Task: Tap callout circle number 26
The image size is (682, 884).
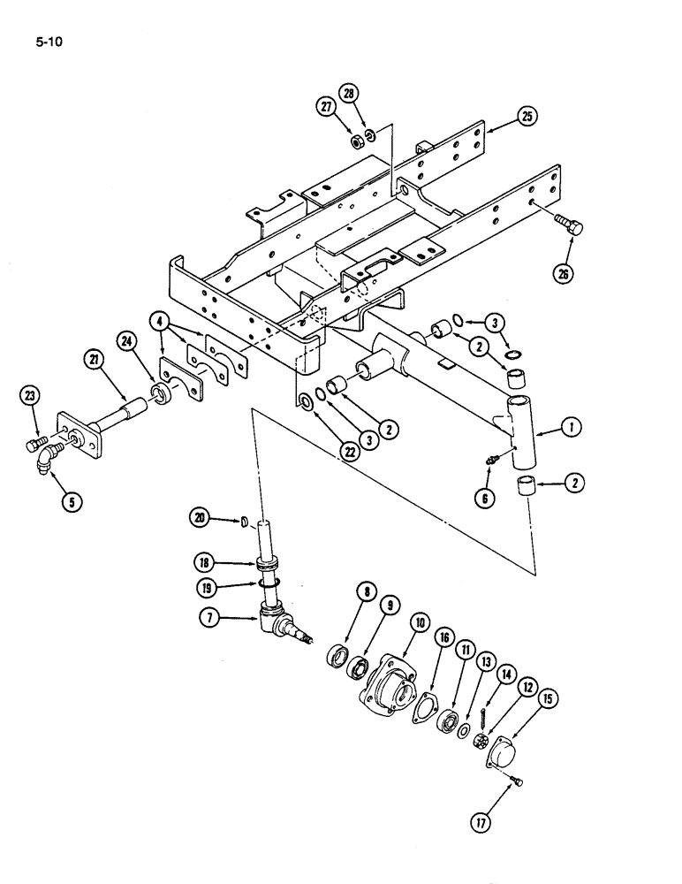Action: tap(565, 273)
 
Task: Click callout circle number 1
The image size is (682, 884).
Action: tap(575, 429)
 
